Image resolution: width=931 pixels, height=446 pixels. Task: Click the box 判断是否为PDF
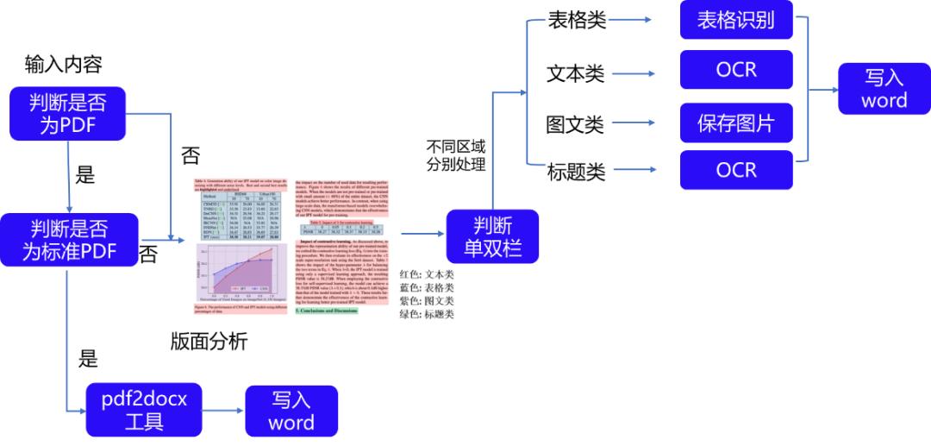[67, 113]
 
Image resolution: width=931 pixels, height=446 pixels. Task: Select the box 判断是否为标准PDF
[69, 240]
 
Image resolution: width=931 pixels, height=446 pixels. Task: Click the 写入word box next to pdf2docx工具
[291, 411]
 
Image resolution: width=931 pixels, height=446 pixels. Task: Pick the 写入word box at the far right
[884, 88]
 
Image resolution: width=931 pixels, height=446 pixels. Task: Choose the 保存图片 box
[735, 122]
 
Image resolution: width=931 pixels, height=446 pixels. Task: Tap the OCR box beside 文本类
[735, 71]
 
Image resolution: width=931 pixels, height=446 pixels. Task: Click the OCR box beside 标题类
[735, 170]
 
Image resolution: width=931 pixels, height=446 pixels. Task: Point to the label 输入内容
[64, 65]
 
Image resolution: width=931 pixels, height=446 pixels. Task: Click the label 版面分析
[209, 342]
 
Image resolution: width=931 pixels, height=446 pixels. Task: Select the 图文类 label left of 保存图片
[575, 124]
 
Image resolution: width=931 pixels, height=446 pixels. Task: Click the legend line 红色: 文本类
[420, 273]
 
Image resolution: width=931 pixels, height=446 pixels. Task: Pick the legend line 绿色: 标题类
[420, 314]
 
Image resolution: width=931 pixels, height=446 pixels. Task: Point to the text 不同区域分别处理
[456, 153]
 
